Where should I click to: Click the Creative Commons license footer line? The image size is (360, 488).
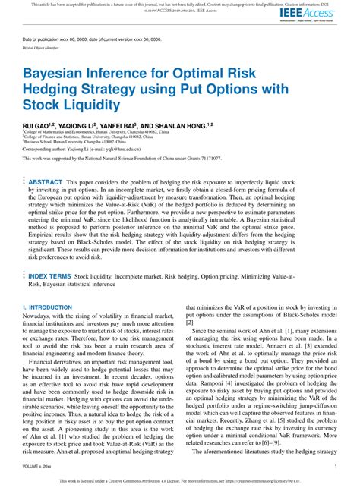[180, 480]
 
